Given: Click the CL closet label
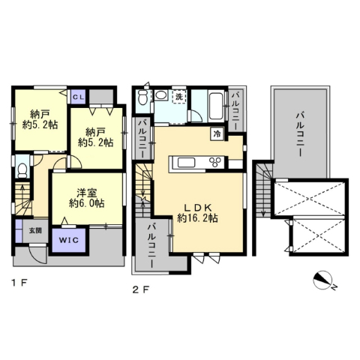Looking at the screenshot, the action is tap(78, 97).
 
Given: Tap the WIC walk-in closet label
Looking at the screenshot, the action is tap(69, 240).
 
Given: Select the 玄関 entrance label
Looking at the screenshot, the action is tap(35, 230).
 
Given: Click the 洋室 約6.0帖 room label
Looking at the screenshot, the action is tap(87, 198).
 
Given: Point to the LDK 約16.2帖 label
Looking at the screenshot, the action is tap(197, 213).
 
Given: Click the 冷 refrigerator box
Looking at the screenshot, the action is tap(217, 133).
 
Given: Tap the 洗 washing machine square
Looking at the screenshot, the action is tap(179, 97).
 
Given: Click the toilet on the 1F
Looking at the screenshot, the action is tap(22, 170).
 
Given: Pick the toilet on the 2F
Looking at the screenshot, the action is tap(142, 97).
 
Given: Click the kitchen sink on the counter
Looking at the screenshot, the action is tap(186, 163).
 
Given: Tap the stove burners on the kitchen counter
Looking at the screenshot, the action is tap(216, 162).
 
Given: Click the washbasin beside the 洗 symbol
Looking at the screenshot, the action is tap(160, 95).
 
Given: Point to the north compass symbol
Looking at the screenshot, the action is tap(322, 280).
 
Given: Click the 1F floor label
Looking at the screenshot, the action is tap(19, 283).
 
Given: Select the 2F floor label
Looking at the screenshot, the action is tap(141, 289).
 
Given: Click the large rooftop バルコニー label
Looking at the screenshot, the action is tap(300, 134).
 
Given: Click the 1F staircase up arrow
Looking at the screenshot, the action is tap(22, 197).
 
